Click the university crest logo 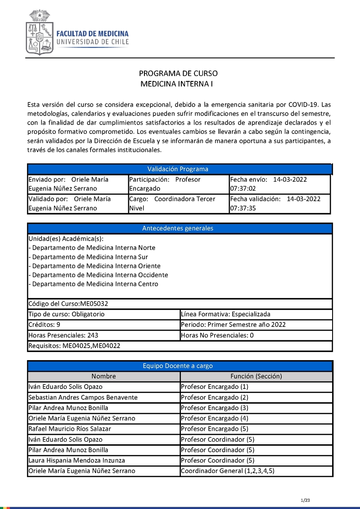coord(40,33)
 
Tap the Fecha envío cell coord(279,184)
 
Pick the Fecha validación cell coord(279,204)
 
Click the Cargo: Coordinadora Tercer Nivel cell coord(178,204)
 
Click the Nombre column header coord(103,376)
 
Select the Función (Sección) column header coord(256,376)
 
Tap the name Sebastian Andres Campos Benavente coord(83,397)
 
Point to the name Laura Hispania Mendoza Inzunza coord(76,460)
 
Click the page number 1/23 coord(305,500)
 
